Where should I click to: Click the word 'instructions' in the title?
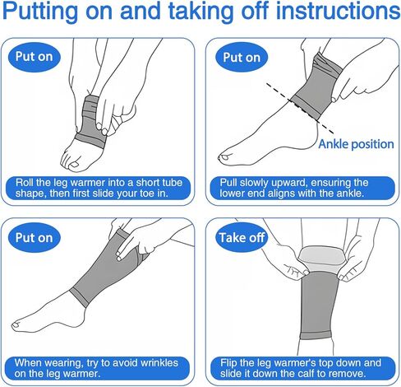338,11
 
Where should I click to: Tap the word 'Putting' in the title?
40,12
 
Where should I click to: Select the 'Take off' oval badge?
242,237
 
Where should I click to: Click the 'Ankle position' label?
356,144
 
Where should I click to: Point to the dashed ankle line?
300,109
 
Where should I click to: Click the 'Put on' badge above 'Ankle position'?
242,58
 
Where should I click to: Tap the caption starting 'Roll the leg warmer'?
99,188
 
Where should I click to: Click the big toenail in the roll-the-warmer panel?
74,165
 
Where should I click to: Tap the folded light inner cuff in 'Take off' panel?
320,258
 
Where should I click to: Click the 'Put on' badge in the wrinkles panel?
34,237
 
